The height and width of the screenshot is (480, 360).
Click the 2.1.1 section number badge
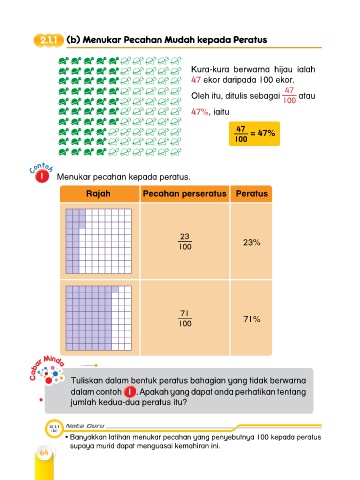(48, 40)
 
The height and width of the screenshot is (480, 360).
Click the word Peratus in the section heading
(250, 40)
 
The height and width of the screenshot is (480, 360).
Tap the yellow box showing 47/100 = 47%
(254, 134)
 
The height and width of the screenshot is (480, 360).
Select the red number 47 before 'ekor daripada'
(196, 80)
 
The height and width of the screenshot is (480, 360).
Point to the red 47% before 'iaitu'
(200, 112)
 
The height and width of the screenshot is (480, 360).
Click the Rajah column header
(98, 194)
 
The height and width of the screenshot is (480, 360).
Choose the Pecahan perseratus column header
(185, 194)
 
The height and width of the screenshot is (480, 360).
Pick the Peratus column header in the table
(252, 194)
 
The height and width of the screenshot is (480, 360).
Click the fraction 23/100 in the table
(185, 241)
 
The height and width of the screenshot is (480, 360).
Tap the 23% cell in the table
(251, 242)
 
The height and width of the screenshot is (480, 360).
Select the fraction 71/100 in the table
(185, 318)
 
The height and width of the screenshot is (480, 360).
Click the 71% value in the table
(252, 319)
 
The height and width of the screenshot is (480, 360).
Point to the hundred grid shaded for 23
(99, 241)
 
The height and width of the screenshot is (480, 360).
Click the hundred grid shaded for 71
(99, 318)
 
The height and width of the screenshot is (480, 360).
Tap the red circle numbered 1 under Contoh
(42, 176)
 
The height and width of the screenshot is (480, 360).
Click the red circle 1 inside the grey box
(130, 392)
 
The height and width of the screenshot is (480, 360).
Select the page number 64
(44, 452)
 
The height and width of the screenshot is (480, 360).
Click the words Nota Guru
(85, 426)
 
